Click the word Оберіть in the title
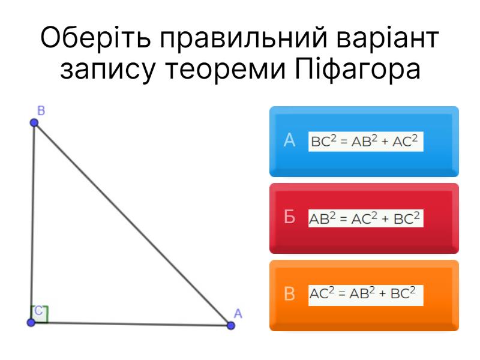coord(95,37)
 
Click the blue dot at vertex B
coord(34,123)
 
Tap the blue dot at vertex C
coord(31,322)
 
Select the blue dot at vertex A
coord(231,325)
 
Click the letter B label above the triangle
coord(41,110)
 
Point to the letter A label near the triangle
coord(238,313)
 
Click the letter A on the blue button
coord(289,140)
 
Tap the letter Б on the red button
coord(289,217)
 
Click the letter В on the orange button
coord(289,293)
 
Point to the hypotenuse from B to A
coord(132,224)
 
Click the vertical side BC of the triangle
coord(32,222)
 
